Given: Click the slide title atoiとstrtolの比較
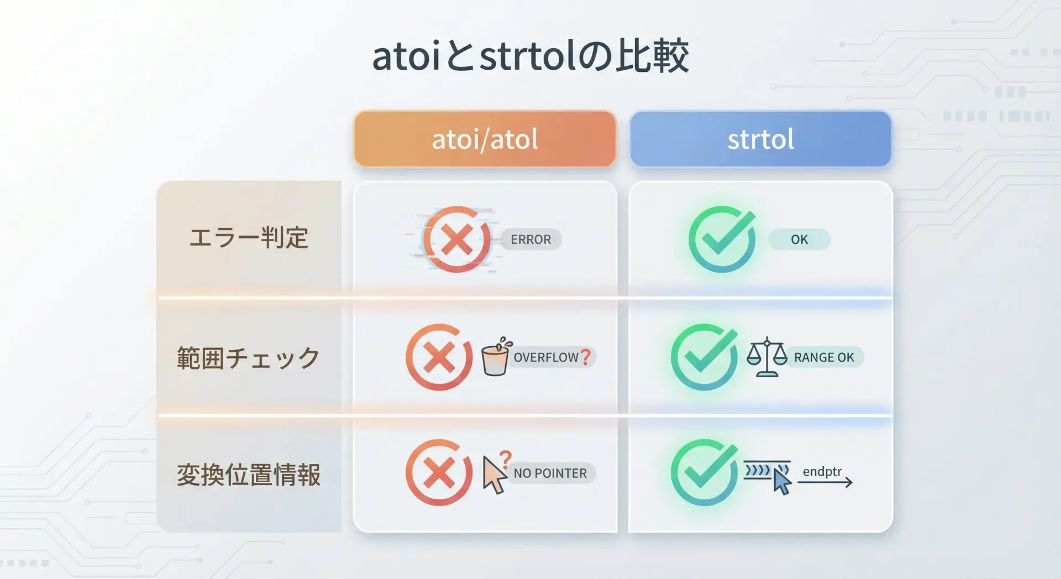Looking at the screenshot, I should point(530,56).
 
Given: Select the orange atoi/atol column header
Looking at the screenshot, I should point(485,139).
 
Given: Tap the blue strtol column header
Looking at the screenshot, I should point(760,139).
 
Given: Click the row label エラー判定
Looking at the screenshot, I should point(249,238).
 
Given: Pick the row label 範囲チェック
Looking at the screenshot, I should point(249,358).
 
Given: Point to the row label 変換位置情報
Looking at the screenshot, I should point(249,474).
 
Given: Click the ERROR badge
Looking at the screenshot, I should point(530,239).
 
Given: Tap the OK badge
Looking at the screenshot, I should point(799,239).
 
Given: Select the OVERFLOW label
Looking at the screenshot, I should point(546,357).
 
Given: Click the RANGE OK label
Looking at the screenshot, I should point(824,357).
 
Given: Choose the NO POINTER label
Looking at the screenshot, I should point(550,473).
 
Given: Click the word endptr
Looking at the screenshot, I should point(822,471).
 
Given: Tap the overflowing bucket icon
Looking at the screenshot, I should point(495,357).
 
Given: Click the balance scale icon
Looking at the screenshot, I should point(766,357).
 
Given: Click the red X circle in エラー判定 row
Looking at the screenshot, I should point(456,239).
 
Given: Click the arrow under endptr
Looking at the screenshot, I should point(824,483).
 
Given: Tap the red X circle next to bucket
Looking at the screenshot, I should point(439,357).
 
